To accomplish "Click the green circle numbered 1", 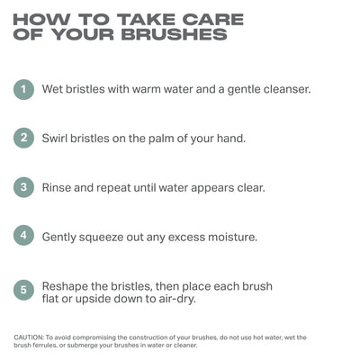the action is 23,89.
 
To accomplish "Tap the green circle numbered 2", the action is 23,138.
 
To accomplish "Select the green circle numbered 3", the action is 23,187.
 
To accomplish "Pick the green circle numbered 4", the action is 23,236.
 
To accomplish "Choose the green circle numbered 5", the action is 23,290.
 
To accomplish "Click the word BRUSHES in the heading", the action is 175,34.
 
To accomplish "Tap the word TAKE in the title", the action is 147,20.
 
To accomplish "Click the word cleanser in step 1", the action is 287,89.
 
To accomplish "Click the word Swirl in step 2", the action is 55,139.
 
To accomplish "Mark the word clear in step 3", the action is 251,188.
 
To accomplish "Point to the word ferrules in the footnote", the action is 42,346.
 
